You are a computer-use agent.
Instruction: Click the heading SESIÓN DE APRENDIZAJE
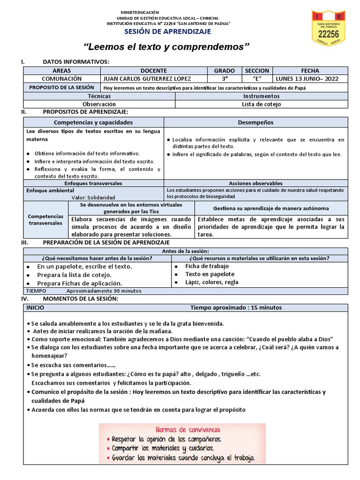[x=167, y=31]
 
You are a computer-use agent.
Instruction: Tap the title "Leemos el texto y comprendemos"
[x=166, y=47]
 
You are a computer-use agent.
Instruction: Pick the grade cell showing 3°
[x=224, y=79]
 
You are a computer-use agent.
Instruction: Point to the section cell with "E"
[x=257, y=79]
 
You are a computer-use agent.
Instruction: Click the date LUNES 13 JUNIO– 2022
[x=307, y=79]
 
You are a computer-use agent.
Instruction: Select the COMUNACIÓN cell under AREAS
[x=61, y=79]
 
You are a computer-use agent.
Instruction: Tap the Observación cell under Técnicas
[x=99, y=104]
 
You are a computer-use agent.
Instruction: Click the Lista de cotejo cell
[x=261, y=104]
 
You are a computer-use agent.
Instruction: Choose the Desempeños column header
[x=255, y=122]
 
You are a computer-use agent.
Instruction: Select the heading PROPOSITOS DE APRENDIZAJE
[x=85, y=112]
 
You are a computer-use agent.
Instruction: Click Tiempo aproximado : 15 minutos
[x=236, y=308]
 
